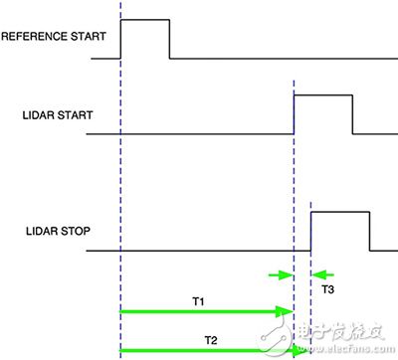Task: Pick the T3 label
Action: point(328,288)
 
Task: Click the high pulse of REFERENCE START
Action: point(144,19)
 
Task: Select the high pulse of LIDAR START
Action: point(322,94)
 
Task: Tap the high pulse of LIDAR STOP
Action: point(340,211)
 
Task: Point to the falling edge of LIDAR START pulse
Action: point(352,114)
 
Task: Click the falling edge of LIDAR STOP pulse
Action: point(370,231)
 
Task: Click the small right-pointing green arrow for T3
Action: point(283,275)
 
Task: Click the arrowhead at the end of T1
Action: point(286,311)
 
